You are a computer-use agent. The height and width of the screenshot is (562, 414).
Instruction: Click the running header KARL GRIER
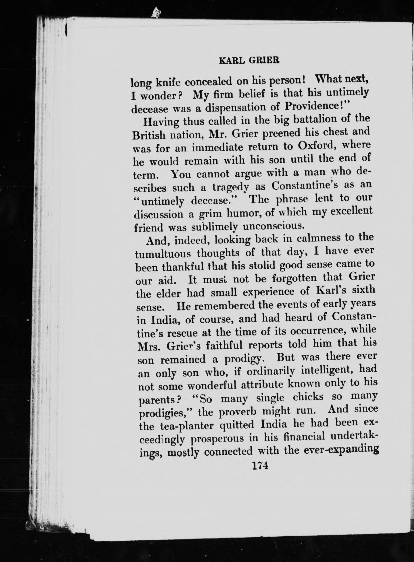[249, 61]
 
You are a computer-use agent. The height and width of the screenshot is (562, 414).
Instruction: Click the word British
[149, 135]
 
